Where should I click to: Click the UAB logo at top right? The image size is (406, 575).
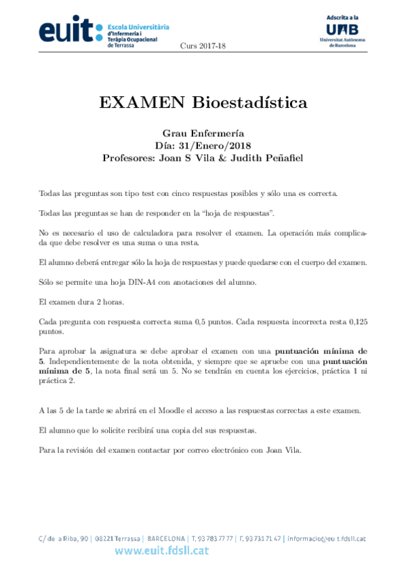tap(342, 30)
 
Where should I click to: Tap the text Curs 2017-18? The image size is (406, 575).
tap(203, 45)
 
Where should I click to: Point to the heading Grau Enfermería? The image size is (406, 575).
tap(203, 134)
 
